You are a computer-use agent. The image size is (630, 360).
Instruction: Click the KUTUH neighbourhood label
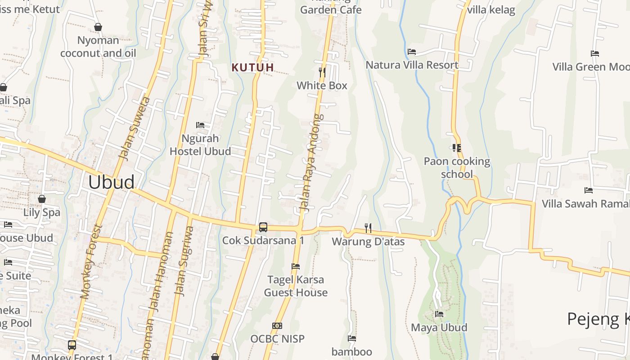click(x=252, y=67)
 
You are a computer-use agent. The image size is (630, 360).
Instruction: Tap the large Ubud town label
click(x=111, y=182)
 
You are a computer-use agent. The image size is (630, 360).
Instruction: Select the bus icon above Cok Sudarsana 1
click(x=263, y=227)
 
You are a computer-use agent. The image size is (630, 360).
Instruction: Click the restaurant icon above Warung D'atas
click(x=368, y=228)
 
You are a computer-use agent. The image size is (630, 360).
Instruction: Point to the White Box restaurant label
click(x=322, y=85)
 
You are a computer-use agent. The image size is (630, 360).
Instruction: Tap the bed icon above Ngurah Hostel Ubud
click(x=200, y=125)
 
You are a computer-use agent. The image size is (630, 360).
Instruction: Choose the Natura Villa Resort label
click(x=412, y=65)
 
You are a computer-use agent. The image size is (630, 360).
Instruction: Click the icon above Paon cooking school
click(x=457, y=148)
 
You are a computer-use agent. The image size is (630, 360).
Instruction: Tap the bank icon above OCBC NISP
click(x=277, y=325)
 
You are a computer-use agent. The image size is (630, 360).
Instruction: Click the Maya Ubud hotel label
click(x=439, y=327)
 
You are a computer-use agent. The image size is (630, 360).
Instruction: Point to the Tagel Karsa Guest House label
click(x=296, y=286)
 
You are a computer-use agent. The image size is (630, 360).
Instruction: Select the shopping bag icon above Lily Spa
click(x=42, y=199)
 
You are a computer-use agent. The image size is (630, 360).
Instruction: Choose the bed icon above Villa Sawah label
click(x=588, y=190)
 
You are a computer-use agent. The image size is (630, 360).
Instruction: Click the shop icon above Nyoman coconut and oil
click(x=98, y=27)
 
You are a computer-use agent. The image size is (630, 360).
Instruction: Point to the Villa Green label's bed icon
click(x=595, y=53)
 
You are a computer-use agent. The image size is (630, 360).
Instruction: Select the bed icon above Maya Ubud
click(x=439, y=314)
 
